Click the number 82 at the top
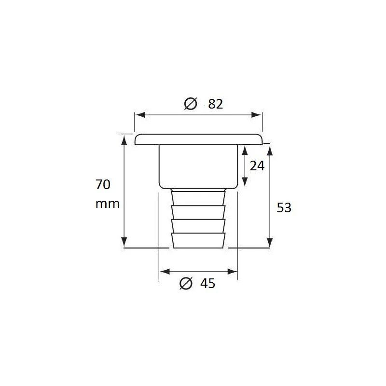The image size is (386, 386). coord(216,104)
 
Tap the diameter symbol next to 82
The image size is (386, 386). coord(191,104)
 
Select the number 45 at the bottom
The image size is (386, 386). coord(207,284)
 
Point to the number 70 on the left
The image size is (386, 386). coord(103,184)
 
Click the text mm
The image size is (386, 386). coord(107,204)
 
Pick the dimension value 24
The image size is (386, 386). coord(257,165)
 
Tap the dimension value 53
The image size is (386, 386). coord(284,207)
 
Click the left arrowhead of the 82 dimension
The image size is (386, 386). coord(138,115)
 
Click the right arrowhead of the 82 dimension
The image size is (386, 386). coord(258,115)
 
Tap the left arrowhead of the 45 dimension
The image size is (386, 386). coord(163,271)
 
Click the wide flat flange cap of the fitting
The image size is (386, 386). coord(198,139)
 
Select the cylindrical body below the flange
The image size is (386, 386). coord(198,166)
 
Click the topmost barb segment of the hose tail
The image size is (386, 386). coord(198,198)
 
